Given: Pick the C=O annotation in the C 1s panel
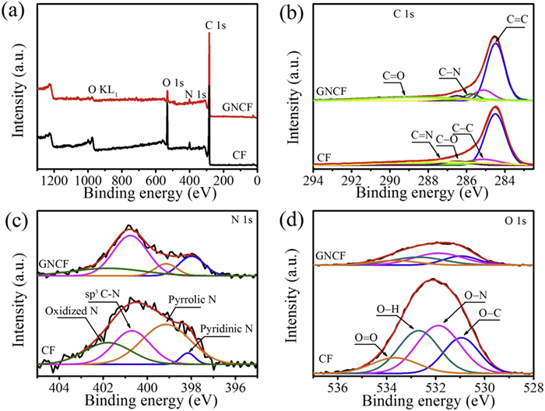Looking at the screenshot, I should pos(393,76).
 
